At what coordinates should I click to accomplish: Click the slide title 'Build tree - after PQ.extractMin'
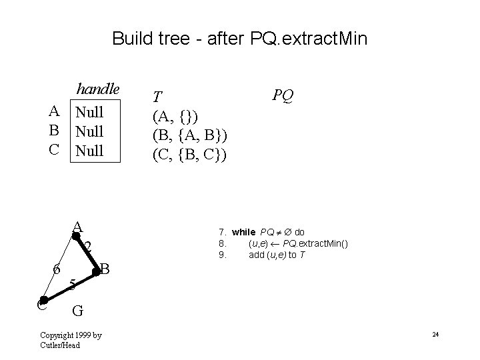[239, 38]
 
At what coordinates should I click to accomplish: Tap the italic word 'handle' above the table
[97, 89]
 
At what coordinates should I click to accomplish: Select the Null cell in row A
[89, 111]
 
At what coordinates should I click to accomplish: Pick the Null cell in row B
[89, 131]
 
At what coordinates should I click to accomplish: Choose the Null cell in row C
[89, 151]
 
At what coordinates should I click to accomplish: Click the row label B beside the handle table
[55, 131]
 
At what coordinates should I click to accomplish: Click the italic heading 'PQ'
[283, 96]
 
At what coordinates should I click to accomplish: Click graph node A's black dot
[75, 235]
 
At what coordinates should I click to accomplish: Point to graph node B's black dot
[96, 271]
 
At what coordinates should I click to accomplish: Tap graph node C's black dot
[43, 301]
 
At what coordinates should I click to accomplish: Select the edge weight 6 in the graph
[57, 270]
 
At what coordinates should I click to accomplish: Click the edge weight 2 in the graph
[87, 247]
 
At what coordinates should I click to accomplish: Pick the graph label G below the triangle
[77, 310]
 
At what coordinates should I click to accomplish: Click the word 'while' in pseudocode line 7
[244, 232]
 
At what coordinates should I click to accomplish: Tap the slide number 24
[434, 334]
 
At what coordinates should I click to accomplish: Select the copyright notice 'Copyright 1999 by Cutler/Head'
[71, 339]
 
